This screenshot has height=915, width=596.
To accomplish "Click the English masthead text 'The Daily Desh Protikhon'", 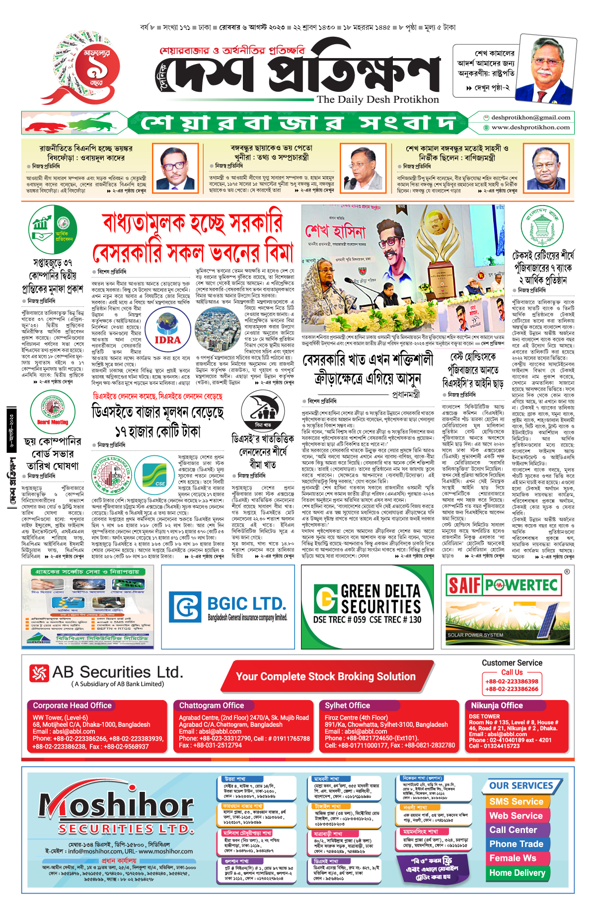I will click(378, 99).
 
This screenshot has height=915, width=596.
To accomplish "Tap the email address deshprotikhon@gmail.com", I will click(530, 118).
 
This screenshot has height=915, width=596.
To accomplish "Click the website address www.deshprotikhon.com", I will click(530, 128).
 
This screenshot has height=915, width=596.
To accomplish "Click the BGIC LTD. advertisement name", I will click(246, 604).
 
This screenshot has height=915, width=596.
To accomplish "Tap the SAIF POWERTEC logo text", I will click(502, 585).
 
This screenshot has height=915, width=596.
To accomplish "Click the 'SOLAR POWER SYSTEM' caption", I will click(475, 635).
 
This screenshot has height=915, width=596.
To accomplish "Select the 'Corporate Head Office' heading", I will click(72, 705).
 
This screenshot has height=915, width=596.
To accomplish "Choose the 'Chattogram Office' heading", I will click(212, 705).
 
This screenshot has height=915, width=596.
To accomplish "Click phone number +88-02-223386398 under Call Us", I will click(512, 682).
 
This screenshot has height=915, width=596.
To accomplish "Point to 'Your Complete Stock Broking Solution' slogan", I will click(325, 677).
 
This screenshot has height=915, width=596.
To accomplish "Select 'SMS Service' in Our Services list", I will click(516, 801).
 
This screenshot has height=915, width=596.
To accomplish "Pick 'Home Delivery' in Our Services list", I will click(517, 872).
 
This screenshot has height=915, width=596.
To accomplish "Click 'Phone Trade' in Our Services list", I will click(516, 844).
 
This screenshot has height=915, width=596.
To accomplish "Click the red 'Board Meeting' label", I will click(53, 422).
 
